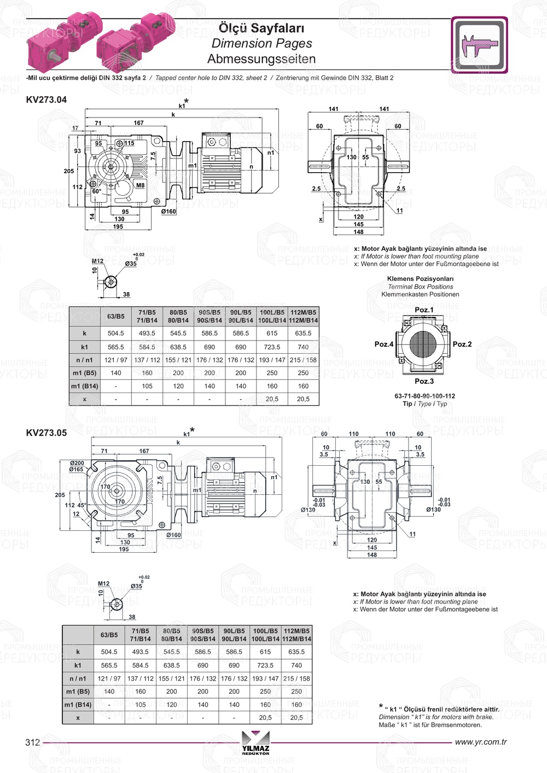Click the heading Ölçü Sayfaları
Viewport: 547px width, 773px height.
(x=261, y=28)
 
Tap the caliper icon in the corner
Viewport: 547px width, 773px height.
(x=480, y=45)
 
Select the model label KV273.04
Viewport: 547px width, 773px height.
(x=46, y=99)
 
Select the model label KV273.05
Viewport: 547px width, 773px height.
(x=46, y=432)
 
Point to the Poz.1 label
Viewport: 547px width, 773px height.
(x=424, y=310)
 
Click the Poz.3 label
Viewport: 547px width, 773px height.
(x=424, y=381)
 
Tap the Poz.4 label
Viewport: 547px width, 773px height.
(x=383, y=344)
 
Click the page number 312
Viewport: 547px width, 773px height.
(x=33, y=742)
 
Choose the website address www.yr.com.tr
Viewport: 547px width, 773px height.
(x=481, y=742)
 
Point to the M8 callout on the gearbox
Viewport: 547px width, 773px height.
(x=140, y=185)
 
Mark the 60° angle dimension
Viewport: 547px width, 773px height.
(x=96, y=192)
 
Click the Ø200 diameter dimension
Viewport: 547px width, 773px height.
(x=77, y=463)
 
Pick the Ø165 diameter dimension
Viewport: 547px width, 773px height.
(x=77, y=470)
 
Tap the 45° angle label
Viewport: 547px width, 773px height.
(x=82, y=505)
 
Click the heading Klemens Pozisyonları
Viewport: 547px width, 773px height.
(x=420, y=279)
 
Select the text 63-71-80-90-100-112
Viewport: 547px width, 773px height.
(x=424, y=396)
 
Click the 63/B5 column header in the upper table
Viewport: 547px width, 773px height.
(x=115, y=317)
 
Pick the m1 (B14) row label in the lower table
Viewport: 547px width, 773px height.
(x=78, y=705)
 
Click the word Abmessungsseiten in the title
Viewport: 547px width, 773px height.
(x=261, y=59)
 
